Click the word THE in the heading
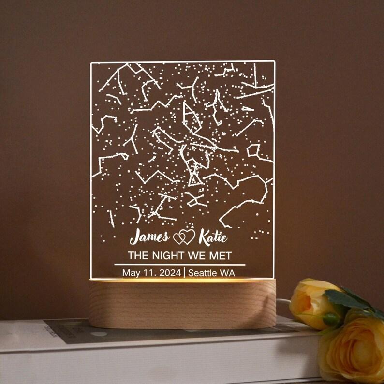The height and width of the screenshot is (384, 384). pyautogui.click(x=136, y=256)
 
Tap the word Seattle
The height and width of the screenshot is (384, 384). pyautogui.click(x=202, y=272)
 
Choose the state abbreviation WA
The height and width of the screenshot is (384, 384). pyautogui.click(x=227, y=272)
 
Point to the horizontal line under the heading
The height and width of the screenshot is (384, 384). pyautogui.click(x=179, y=264)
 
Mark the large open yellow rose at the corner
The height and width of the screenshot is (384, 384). pyautogui.click(x=355, y=353)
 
